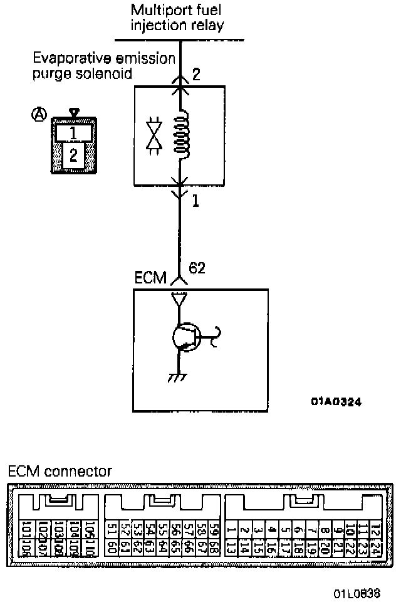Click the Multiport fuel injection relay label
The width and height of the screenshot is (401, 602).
pyautogui.click(x=177, y=19)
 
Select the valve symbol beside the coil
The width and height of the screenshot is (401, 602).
pyautogui.click(x=152, y=135)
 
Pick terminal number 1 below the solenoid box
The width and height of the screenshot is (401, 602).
pyautogui.click(x=195, y=202)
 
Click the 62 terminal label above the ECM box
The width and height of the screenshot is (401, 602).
pyautogui.click(x=196, y=268)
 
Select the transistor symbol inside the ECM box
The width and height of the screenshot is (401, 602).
pyautogui.click(x=185, y=337)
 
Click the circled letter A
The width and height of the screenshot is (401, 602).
pyautogui.click(x=39, y=114)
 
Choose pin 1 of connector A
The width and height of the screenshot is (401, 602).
pyautogui.click(x=74, y=132)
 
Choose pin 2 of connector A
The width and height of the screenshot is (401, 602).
pyautogui.click(x=74, y=154)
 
